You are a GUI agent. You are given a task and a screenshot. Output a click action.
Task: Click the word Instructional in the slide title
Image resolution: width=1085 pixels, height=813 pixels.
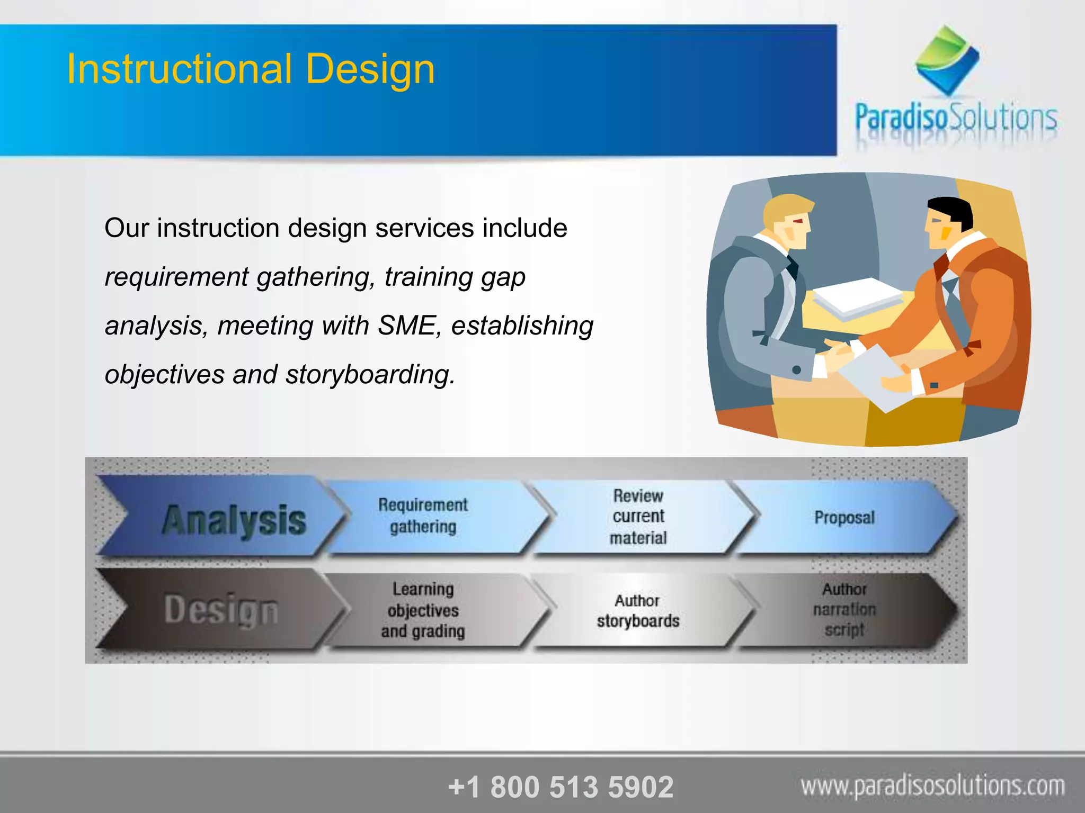click(179, 69)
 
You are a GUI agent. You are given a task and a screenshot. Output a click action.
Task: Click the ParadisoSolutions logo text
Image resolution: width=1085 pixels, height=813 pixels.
click(956, 118)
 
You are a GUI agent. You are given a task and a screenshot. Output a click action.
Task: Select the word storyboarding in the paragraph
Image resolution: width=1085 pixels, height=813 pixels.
click(370, 374)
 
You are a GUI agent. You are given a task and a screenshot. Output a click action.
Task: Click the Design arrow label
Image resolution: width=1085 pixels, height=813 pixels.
click(221, 610)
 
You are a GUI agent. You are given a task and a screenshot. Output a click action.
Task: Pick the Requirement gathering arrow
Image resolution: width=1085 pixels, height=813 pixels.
click(423, 516)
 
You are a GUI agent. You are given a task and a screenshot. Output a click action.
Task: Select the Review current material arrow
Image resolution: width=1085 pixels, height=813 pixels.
click(638, 517)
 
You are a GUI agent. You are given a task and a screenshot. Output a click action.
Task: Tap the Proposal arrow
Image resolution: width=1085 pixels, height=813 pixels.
click(844, 517)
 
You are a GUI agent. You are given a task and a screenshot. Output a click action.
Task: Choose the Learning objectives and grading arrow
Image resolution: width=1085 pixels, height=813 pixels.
click(423, 610)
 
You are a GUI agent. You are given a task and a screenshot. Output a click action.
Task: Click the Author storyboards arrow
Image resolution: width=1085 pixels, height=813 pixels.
click(638, 610)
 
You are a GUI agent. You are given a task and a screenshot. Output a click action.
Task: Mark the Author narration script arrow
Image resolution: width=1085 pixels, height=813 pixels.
click(844, 609)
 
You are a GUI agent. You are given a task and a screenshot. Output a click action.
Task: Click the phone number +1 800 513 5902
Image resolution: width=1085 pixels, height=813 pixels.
click(561, 787)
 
